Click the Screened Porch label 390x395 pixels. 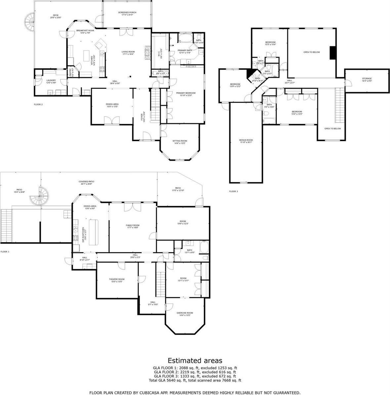click(x=127, y=14)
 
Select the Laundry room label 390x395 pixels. click(x=51, y=82)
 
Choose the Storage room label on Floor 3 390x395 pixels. click(x=367, y=80)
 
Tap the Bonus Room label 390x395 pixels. click(x=246, y=141)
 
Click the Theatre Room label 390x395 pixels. click(x=117, y=280)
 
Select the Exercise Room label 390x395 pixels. click(x=185, y=314)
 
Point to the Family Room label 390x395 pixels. click(x=132, y=227)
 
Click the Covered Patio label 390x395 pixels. click(x=86, y=183)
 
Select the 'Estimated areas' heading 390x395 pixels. click(x=195, y=360)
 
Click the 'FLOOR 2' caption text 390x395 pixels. click(x=38, y=104)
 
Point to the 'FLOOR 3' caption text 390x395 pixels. click(x=233, y=191)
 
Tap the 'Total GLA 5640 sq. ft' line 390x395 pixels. click(x=195, y=380)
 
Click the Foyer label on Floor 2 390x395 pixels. click(x=141, y=117)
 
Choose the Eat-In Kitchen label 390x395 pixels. click(x=83, y=235)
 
